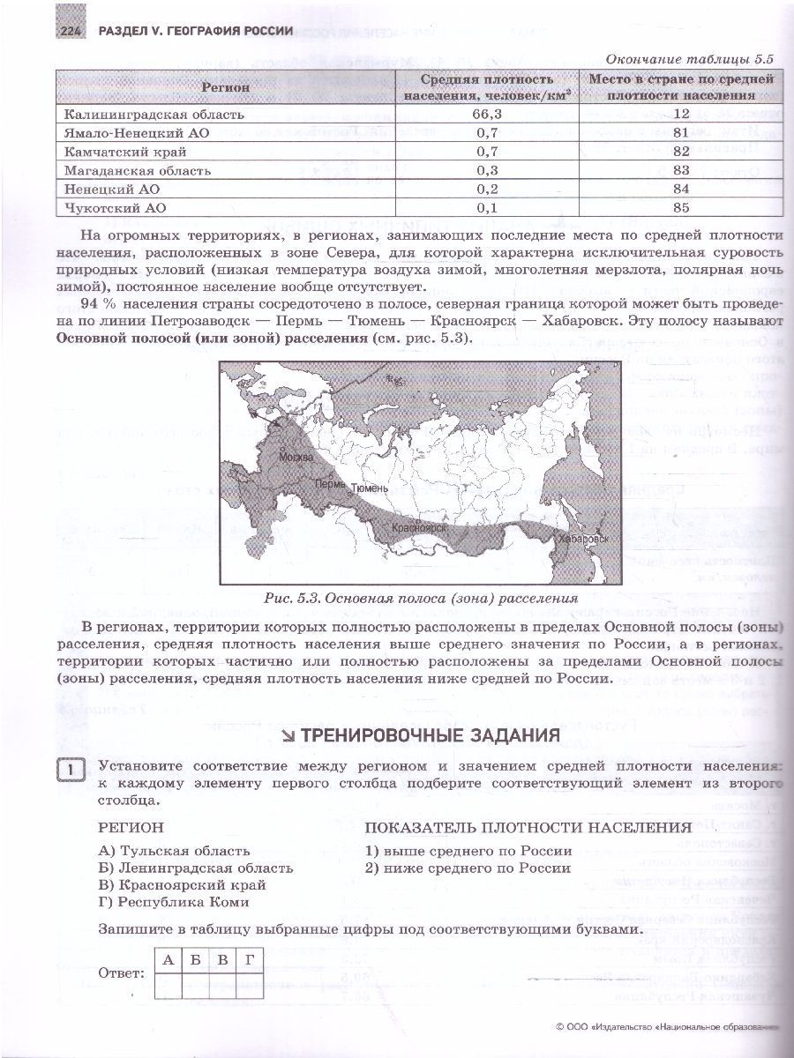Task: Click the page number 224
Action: pyautogui.click(x=70, y=31)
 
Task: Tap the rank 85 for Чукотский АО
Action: pyautogui.click(x=680, y=208)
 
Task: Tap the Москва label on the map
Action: pyautogui.click(x=296, y=458)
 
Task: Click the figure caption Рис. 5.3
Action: pyautogui.click(x=421, y=598)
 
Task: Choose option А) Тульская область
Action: pyautogui.click(x=175, y=851)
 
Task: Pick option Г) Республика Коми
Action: pyautogui.click(x=175, y=901)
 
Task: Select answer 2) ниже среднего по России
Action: pyautogui.click(x=468, y=868)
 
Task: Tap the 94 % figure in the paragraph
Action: pyautogui.click(x=109, y=304)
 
